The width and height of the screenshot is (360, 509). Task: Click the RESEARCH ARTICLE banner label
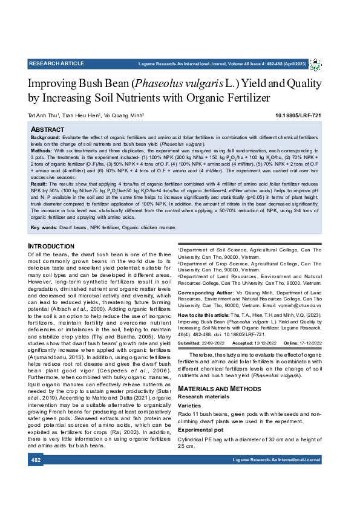56,63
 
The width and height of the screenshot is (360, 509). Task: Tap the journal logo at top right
315,63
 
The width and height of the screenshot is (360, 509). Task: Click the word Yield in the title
263,83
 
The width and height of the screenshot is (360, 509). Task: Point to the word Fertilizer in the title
240,97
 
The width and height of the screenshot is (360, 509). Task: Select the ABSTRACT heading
47,130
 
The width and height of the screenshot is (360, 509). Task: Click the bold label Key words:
44,227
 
